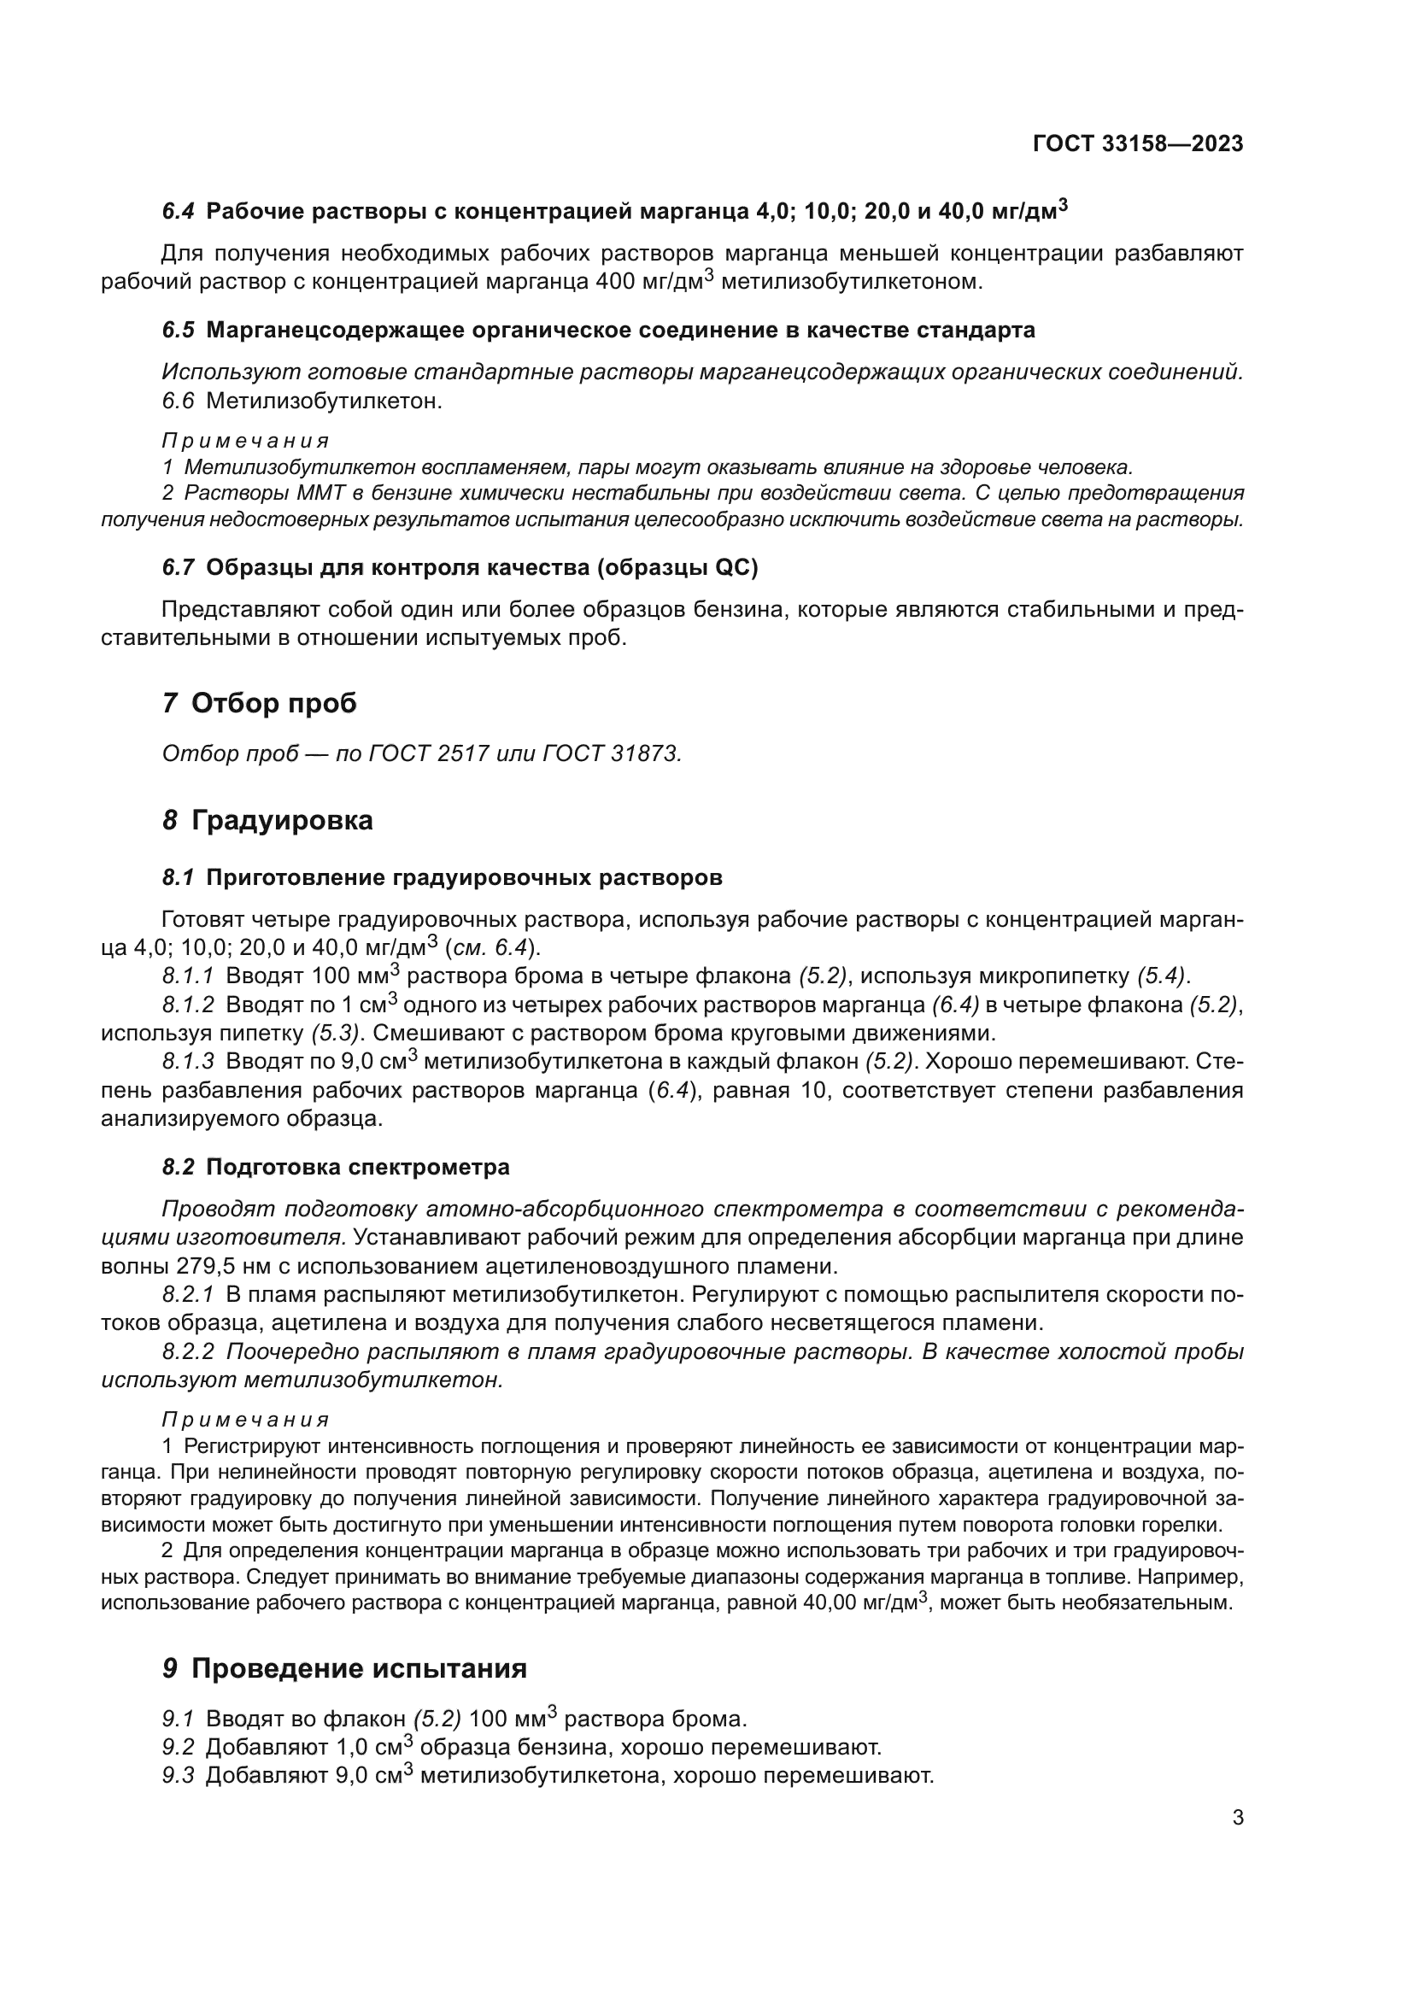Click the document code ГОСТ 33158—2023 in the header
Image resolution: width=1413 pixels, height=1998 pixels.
pos(1137,144)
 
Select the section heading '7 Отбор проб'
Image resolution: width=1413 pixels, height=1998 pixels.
pos(260,702)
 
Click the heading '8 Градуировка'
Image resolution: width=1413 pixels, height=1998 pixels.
pos(267,820)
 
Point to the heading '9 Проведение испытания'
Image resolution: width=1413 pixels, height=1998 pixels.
pos(343,1668)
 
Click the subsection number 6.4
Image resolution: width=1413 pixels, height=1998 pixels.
pos(179,212)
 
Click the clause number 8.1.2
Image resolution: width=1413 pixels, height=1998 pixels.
pos(188,1005)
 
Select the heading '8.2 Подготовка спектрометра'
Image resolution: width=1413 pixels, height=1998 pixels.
pos(336,1167)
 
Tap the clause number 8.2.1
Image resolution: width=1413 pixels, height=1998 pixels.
pos(188,1295)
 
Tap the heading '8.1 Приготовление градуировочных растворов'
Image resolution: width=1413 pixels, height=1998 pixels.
pos(442,877)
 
